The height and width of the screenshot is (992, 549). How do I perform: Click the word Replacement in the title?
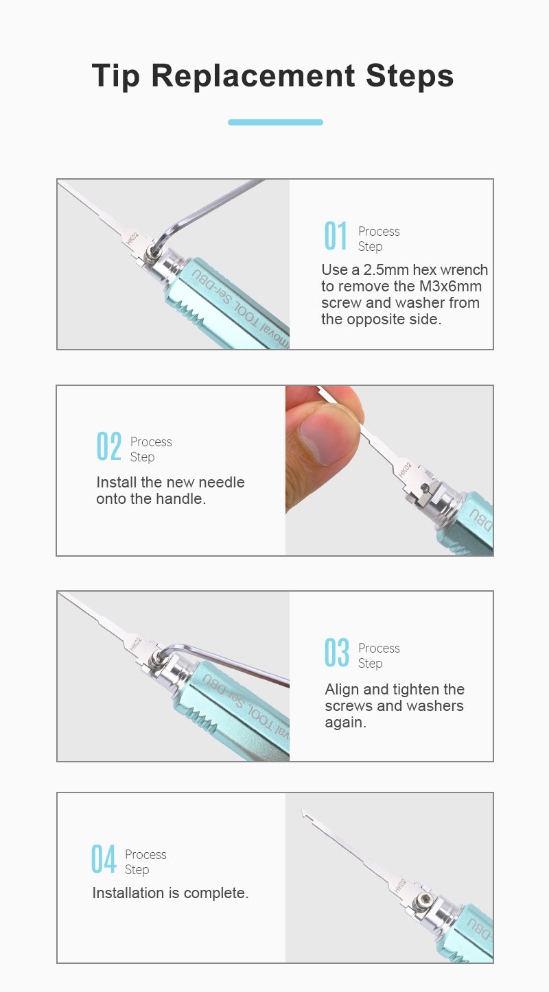253,76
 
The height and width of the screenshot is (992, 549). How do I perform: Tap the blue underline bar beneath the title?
275,122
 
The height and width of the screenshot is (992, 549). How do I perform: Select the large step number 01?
336,236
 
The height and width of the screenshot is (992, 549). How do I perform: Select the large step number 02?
109,446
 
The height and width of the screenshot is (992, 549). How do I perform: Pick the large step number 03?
337,653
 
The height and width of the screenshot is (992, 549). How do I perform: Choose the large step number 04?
104,859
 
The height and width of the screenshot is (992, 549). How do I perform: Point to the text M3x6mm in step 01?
450,286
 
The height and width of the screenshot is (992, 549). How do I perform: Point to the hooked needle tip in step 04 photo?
304,812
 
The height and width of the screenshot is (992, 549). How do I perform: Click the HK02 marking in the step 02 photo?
405,470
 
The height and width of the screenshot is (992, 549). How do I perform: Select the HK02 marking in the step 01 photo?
132,239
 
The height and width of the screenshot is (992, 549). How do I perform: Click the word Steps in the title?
410,76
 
